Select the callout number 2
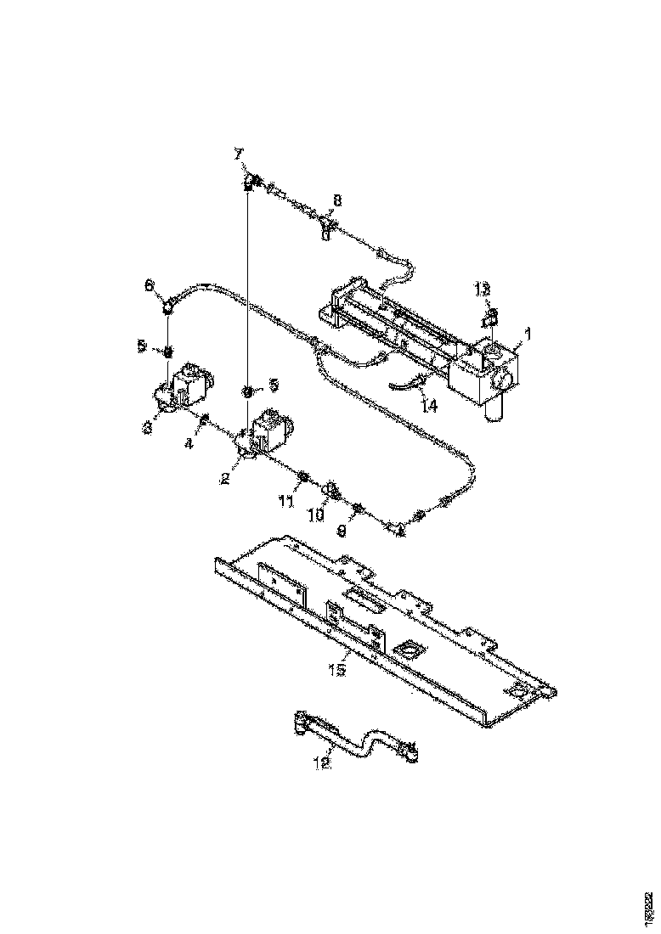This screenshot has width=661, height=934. [x=225, y=479]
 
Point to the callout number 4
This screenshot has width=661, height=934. [x=189, y=443]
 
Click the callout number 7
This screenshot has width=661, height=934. [x=239, y=153]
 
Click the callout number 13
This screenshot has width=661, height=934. [x=483, y=290]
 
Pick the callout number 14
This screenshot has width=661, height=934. [x=429, y=406]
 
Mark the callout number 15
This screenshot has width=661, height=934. [x=337, y=670]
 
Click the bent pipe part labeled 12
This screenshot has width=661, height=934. [x=357, y=737]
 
